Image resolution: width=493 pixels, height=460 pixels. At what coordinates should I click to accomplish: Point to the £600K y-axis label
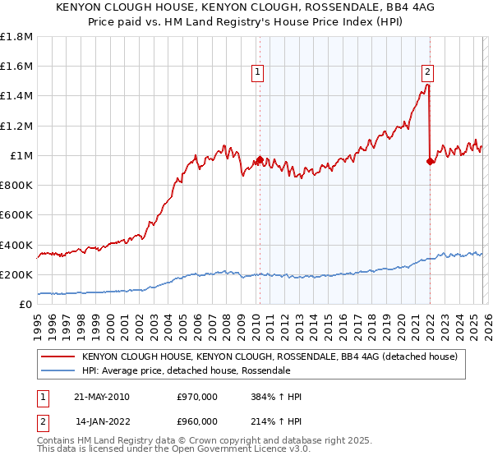pyautogui.click(x=16, y=215)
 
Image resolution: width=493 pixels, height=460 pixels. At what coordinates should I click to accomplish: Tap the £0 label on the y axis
pyautogui.click(x=25, y=305)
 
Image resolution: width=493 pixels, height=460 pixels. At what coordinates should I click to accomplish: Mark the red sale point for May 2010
pyautogui.click(x=260, y=160)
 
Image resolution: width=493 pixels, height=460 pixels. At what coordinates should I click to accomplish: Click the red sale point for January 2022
pyautogui.click(x=430, y=161)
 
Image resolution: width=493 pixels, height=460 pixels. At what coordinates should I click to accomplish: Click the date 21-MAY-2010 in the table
pyautogui.click(x=101, y=397)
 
